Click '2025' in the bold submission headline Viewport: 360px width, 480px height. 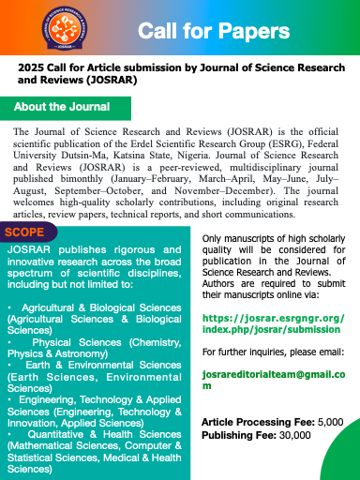(x=31, y=68)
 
